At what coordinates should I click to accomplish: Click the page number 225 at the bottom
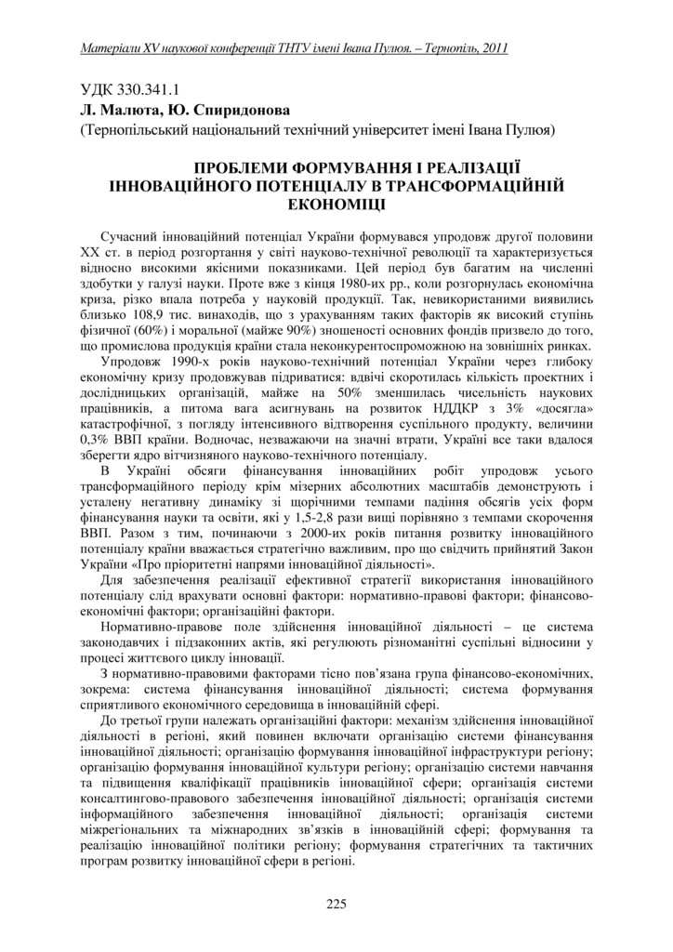click(x=336, y=903)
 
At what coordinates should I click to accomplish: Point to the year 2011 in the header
click(x=492, y=47)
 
